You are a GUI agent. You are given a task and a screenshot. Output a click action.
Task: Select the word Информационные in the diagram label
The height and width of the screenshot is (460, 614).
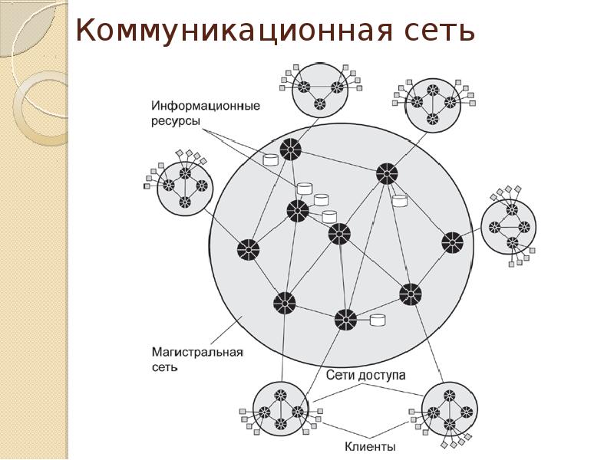(206, 105)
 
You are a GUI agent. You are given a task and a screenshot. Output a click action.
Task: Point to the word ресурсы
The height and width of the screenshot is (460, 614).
(176, 122)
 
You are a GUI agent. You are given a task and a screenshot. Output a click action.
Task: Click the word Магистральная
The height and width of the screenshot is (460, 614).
(196, 352)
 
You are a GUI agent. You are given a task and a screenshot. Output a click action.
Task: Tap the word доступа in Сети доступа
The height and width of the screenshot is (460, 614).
(379, 376)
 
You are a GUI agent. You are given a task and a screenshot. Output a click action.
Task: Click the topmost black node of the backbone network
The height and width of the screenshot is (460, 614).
(290, 149)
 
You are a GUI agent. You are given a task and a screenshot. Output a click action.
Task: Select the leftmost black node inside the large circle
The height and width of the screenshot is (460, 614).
(247, 249)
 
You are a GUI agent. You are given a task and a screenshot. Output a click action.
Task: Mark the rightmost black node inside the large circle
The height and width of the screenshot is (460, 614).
(452, 243)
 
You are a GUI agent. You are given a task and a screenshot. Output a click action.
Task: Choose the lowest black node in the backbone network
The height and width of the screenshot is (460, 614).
(345, 319)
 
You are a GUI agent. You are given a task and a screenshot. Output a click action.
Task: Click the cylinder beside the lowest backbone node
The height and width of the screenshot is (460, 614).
(377, 320)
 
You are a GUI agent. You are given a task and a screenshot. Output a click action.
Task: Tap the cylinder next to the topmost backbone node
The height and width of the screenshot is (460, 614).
(270, 159)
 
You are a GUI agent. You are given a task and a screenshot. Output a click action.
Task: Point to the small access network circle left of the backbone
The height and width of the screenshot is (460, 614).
(184, 188)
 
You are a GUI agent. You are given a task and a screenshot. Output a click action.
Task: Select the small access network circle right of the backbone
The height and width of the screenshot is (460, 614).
(509, 226)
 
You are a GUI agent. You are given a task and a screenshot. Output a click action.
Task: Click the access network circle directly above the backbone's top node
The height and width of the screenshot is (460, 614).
(319, 88)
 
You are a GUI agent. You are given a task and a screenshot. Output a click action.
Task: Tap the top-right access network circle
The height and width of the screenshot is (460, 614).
(432, 103)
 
